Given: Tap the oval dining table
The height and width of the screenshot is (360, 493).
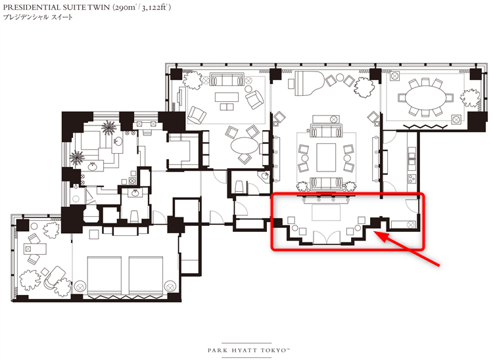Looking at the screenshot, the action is click(x=425, y=98).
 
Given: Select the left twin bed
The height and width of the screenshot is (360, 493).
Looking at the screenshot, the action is click(x=104, y=276).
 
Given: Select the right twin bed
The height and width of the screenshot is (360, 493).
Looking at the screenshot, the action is click(x=146, y=276).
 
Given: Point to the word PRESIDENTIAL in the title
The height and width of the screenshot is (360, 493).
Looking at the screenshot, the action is click(x=30, y=7).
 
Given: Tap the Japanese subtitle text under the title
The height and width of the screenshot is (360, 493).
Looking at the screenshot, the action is click(x=37, y=17).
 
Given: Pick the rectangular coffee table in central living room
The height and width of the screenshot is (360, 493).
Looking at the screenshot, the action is click(x=326, y=158).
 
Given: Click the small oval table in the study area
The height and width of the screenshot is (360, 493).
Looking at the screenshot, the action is click(x=245, y=145).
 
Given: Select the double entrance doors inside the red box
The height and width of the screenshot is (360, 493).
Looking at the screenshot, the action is click(x=327, y=237).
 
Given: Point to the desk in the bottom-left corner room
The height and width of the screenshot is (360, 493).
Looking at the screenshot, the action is click(x=35, y=249).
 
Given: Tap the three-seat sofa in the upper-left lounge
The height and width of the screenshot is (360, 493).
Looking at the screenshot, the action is click(x=227, y=79).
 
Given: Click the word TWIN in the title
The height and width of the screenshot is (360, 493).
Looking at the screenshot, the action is click(x=99, y=7).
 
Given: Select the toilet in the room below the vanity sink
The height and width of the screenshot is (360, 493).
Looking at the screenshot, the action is click(x=135, y=216).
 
